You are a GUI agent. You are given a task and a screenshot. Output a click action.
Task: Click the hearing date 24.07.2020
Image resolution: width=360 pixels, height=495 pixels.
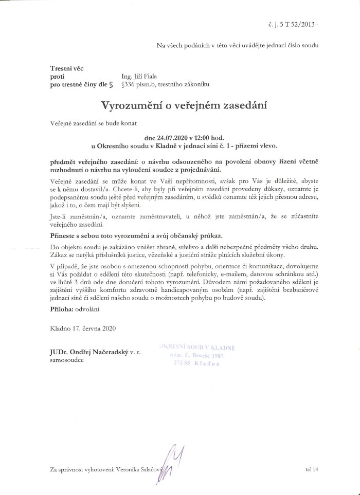coord(167,138)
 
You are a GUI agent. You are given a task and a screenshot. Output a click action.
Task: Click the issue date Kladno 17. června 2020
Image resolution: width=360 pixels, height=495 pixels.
coord(79,327)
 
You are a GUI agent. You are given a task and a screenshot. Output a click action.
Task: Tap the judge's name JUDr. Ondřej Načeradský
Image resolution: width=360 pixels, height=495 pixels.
coord(89,352)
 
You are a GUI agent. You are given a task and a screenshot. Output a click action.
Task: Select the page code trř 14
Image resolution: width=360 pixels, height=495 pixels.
coord(312,469)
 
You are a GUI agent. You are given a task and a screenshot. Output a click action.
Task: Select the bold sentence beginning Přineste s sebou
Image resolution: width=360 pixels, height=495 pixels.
coord(136,235)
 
